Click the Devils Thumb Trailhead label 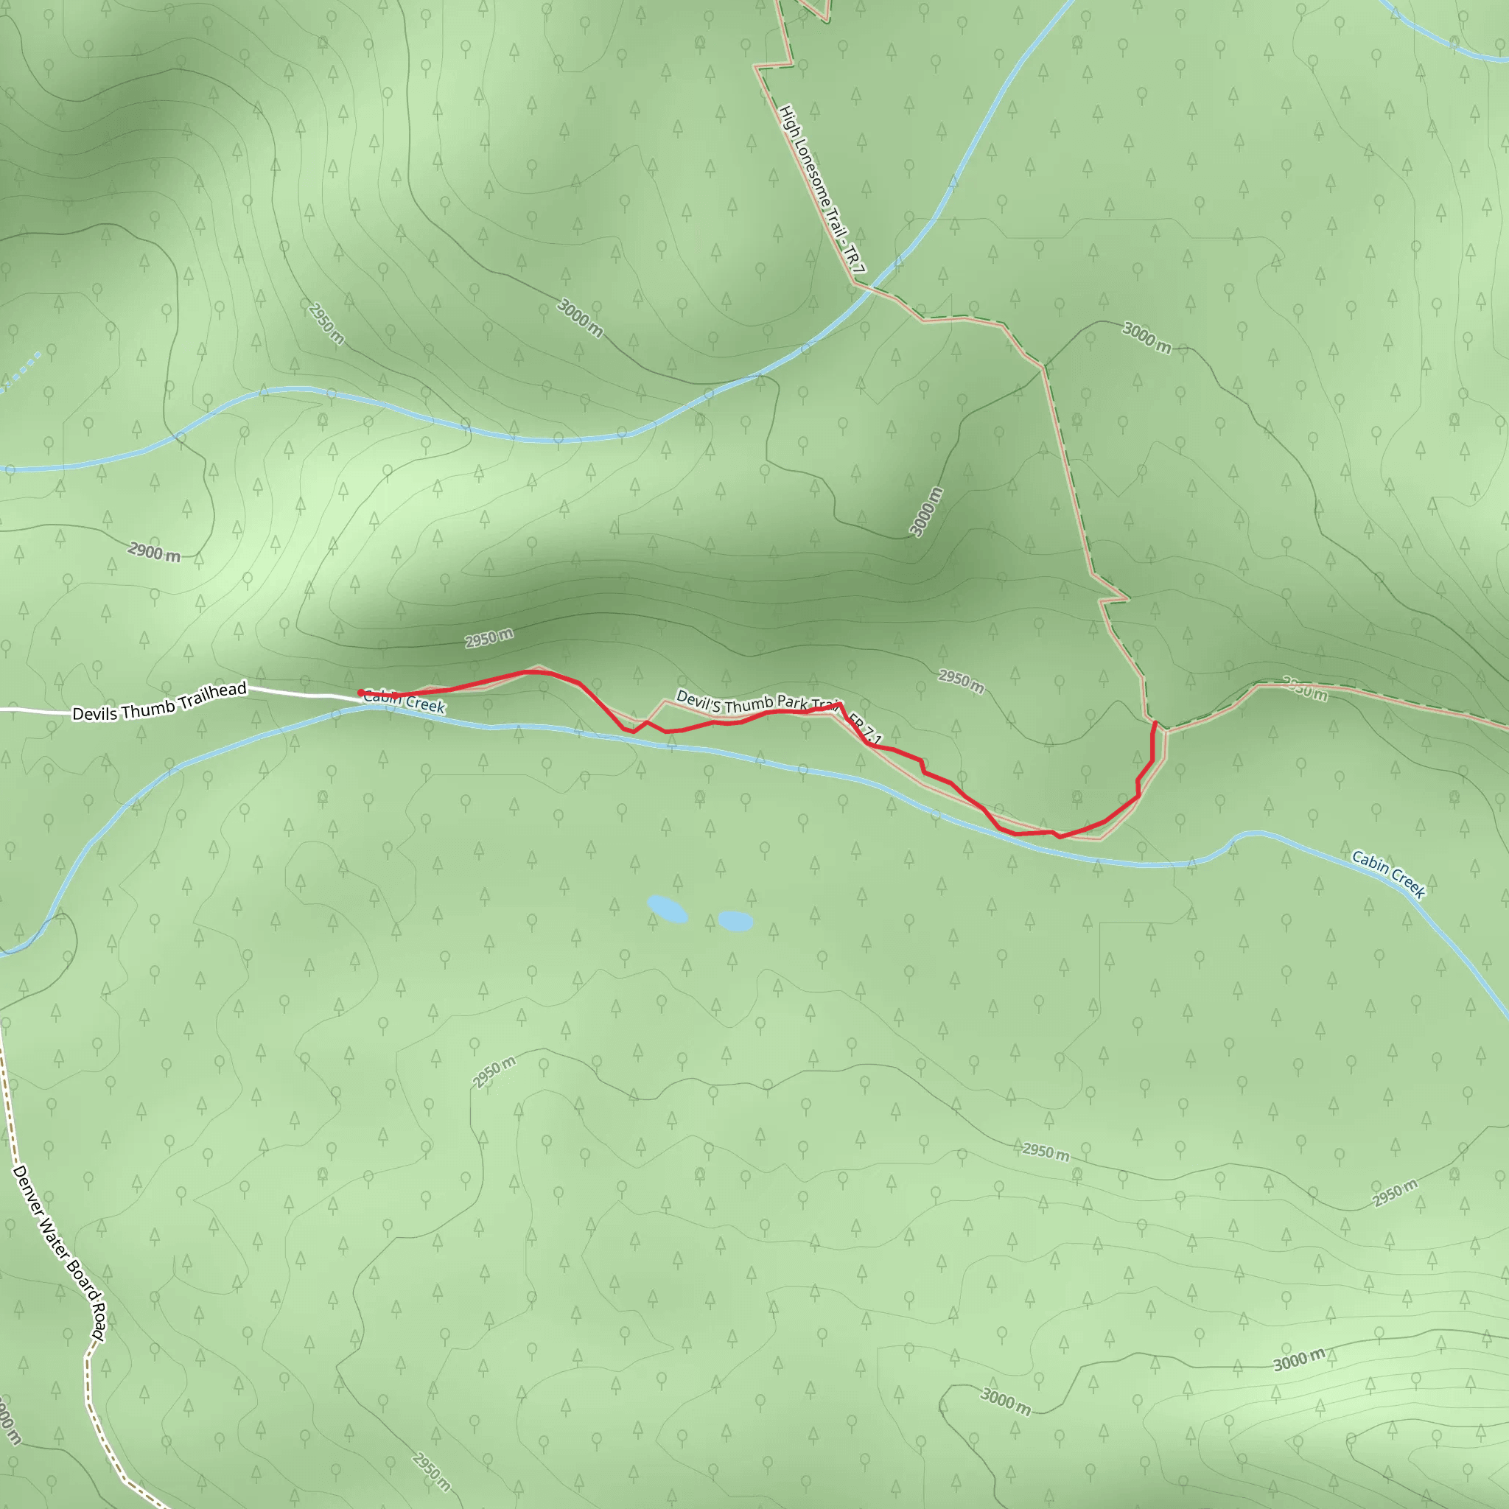(159, 701)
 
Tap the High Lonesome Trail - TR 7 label (822, 190)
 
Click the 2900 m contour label (154, 553)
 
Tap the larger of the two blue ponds (667, 909)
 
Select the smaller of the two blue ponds (735, 921)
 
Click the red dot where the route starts (360, 693)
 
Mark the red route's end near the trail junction (1155, 724)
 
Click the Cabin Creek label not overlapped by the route (1389, 875)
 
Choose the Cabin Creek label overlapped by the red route (405, 701)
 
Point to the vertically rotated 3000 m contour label (926, 511)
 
